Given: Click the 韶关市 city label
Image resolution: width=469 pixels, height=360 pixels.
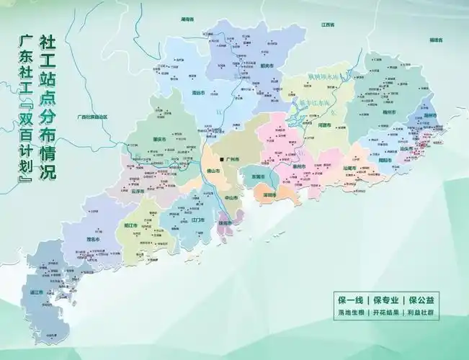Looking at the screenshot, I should (267, 66).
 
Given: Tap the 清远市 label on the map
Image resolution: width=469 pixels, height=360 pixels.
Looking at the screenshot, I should (191, 92).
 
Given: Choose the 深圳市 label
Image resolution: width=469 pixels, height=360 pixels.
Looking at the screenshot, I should (271, 195).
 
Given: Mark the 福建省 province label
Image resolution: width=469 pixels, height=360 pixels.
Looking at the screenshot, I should (434, 41).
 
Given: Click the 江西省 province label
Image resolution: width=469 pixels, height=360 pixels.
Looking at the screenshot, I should (328, 24).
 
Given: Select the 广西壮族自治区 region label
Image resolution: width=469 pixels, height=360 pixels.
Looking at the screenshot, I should (91, 116).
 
